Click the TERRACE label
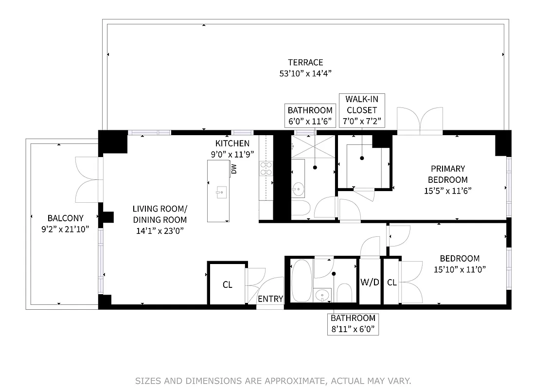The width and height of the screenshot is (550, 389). click(x=305, y=63)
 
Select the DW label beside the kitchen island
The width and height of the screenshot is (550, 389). click(x=234, y=169)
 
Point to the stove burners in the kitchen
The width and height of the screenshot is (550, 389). click(x=266, y=168)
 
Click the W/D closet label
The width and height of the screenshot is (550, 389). click(x=370, y=282)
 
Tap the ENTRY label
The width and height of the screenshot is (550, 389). click(x=270, y=299)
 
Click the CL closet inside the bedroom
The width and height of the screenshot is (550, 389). click(x=391, y=282)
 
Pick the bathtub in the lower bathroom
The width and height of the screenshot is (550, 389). click(x=302, y=281)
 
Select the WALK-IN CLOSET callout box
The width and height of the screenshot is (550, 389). click(x=361, y=110)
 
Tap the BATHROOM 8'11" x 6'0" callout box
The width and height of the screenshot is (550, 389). click(x=353, y=324)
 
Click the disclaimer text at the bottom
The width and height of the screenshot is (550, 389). click(x=273, y=380)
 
